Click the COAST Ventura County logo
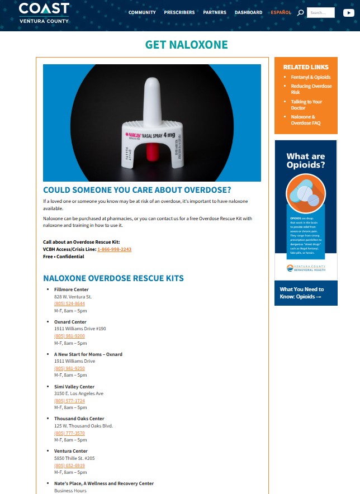click(44, 13)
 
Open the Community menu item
click(142, 12)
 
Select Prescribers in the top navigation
click(179, 12)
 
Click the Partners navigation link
click(215, 12)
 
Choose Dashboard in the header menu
click(248, 12)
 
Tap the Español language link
click(281, 12)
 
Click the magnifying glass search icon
click(301, 12)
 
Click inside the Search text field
click(321, 12)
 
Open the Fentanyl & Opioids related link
click(310, 77)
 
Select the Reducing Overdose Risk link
click(311, 89)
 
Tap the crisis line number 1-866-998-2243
click(114, 249)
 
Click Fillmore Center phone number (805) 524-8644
click(69, 303)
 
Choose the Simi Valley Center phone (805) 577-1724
click(69, 401)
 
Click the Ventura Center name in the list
click(71, 451)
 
